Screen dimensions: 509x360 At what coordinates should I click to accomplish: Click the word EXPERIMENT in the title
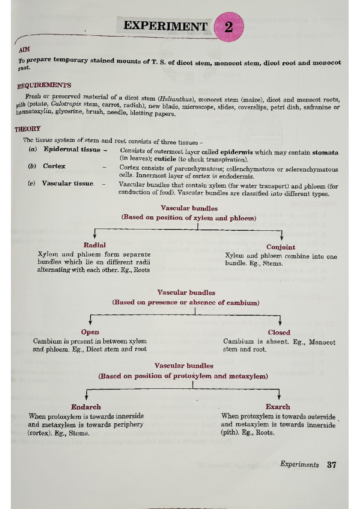click(165, 26)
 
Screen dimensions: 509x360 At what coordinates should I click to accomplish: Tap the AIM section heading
click(24, 49)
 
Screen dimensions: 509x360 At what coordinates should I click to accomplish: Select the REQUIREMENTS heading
click(44, 86)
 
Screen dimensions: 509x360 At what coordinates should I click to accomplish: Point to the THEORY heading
click(28, 129)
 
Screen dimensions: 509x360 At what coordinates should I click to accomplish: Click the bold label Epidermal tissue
click(72, 149)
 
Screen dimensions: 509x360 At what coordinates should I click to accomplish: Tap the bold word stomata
click(325, 152)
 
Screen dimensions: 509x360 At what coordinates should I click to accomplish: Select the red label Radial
click(94, 245)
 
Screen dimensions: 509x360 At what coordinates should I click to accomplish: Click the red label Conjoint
click(281, 247)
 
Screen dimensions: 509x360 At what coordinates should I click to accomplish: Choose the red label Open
click(90, 332)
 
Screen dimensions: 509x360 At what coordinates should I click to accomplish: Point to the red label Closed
click(279, 333)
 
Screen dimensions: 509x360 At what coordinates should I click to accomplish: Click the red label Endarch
click(86, 407)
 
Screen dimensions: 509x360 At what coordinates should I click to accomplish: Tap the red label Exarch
click(278, 407)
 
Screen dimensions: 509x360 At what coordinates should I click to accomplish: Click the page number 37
click(332, 465)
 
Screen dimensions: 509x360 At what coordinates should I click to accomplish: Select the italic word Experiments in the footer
click(299, 465)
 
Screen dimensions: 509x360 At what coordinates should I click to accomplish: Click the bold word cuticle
click(165, 159)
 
